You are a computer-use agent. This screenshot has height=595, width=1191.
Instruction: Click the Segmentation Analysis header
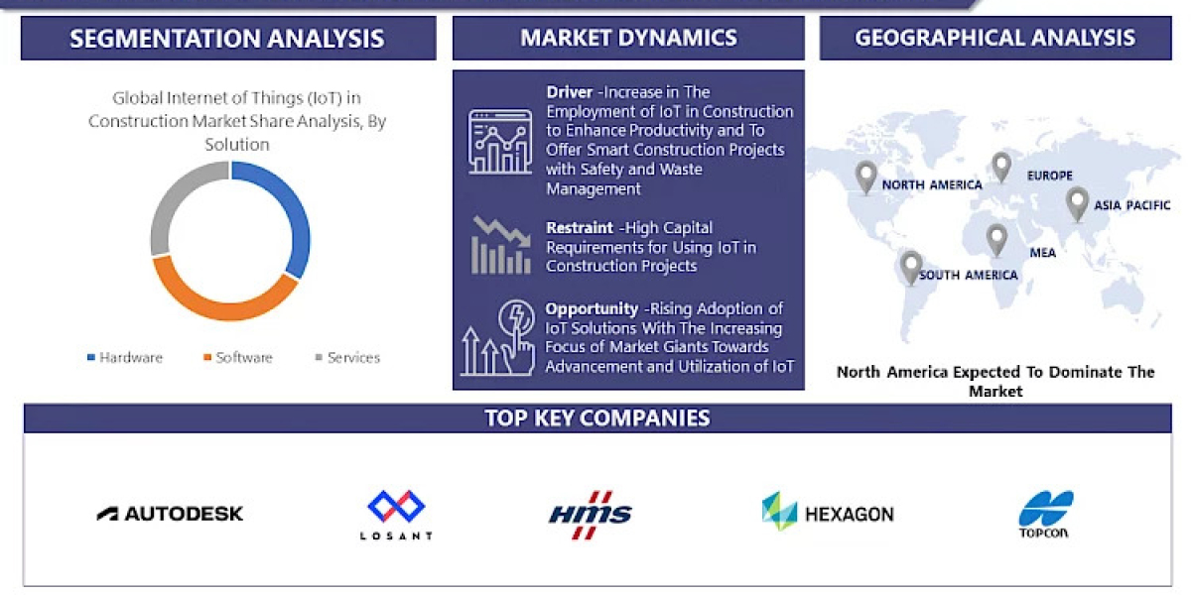(x=227, y=39)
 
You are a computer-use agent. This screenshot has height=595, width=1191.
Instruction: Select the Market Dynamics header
(x=628, y=39)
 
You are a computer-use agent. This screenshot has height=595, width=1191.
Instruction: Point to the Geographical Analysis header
(x=994, y=39)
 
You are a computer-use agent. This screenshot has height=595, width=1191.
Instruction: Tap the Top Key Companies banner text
(x=596, y=417)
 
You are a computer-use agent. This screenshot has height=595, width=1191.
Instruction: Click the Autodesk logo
(x=170, y=513)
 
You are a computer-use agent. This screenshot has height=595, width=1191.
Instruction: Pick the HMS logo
(x=591, y=514)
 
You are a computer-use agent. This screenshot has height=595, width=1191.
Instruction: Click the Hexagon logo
(x=828, y=513)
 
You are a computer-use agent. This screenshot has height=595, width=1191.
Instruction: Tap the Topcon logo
(x=1046, y=513)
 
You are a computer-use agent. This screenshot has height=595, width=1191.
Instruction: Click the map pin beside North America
(x=866, y=178)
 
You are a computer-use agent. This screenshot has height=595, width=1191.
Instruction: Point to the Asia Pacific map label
(x=1131, y=205)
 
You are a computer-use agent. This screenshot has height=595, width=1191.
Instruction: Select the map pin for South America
(x=910, y=266)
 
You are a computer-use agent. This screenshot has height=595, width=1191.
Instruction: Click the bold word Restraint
(x=580, y=228)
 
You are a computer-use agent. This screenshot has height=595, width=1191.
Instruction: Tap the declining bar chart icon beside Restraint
(x=500, y=245)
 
